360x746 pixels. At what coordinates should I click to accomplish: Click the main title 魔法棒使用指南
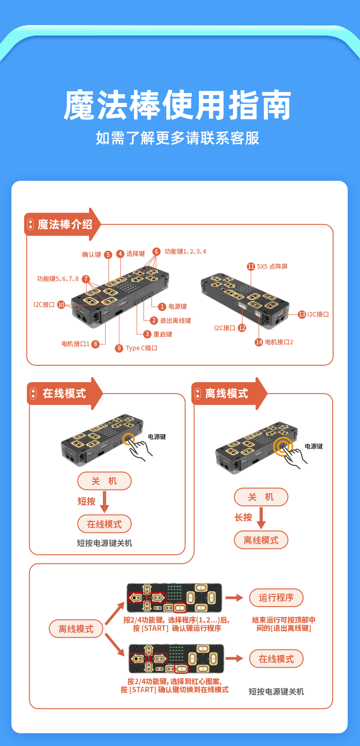178,105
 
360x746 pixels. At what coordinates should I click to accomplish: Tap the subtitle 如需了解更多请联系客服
178,138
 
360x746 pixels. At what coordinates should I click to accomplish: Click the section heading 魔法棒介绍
65,225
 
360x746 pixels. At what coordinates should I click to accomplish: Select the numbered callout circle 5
108,255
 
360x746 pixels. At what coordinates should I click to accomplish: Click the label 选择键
136,254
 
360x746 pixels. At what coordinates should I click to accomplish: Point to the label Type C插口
142,348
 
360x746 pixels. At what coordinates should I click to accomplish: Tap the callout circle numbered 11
251,266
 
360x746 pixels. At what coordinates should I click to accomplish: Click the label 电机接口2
279,342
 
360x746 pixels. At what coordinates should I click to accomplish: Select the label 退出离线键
175,321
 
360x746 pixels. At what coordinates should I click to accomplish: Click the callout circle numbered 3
147,334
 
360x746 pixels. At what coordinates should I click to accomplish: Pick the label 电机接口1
76,344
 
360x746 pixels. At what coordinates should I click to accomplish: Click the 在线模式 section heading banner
64,393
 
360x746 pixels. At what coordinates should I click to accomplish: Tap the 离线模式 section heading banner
226,393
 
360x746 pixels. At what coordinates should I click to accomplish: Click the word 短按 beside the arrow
87,501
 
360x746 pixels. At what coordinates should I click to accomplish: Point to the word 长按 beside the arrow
243,517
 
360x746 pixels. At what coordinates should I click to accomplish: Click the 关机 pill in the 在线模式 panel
104,481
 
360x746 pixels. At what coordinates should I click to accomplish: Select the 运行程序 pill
276,598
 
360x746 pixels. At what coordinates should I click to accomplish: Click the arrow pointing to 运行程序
234,598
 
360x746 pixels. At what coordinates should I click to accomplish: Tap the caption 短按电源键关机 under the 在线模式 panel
104,543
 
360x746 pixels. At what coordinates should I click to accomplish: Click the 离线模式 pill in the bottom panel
76,629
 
